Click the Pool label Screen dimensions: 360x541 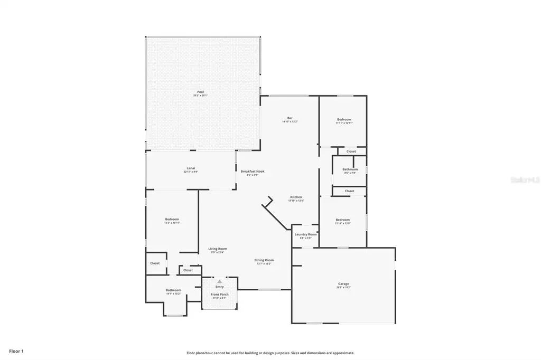[x=201, y=92]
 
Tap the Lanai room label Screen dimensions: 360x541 [x=191, y=168]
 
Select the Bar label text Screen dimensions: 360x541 [x=290, y=118]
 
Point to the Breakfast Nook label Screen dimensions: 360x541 [x=253, y=171]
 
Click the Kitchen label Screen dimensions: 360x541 [x=296, y=197]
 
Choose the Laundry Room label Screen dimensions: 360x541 [x=306, y=234]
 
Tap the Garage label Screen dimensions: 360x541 [x=343, y=284]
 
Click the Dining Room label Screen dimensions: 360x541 [x=264, y=260]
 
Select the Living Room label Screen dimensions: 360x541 [x=217, y=249]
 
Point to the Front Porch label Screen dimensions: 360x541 [x=219, y=294]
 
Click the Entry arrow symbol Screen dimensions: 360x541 [x=219, y=281]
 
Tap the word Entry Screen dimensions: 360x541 [x=219, y=287]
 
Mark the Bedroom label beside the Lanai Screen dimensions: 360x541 [x=172, y=219]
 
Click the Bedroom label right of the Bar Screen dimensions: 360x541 [x=344, y=119]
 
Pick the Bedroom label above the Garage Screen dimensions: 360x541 [x=342, y=220]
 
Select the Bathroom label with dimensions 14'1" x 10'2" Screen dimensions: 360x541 [x=173, y=290]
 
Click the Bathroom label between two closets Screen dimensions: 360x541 [x=350, y=169]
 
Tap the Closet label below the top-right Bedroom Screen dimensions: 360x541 [x=351, y=151]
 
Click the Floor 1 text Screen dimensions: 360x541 [x=16, y=350]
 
